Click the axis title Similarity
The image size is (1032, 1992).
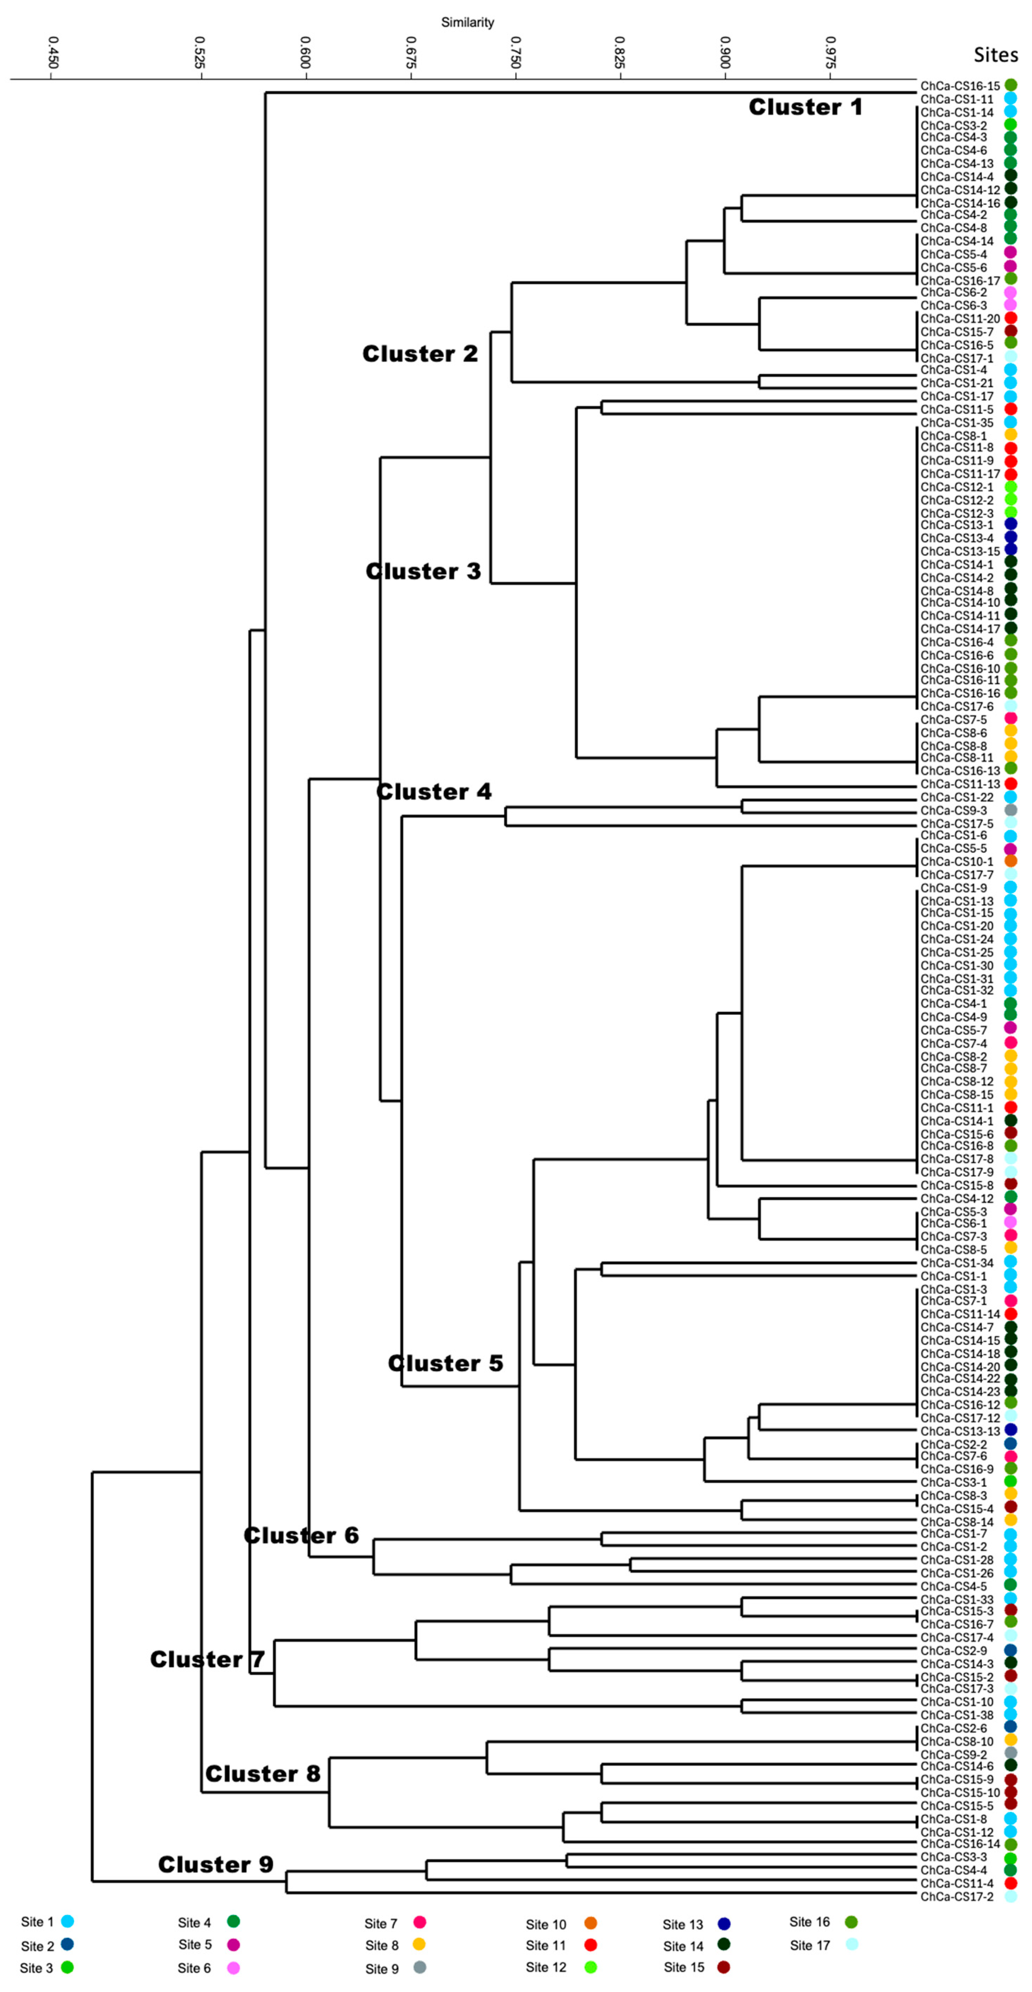pos(467,23)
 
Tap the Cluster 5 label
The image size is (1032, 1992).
pos(445,1363)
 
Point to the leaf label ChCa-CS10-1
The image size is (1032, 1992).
pos(956,862)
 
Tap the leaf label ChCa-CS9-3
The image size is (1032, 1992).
pos(953,810)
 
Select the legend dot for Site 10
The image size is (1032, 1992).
pos(591,1924)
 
